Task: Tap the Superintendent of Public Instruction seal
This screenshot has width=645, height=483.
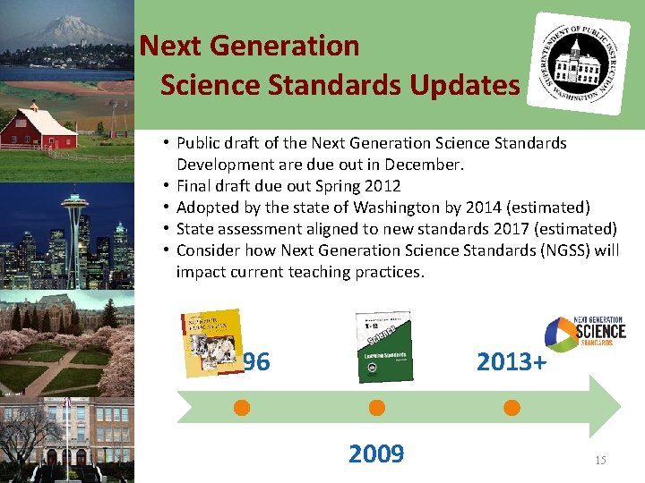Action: [579, 63]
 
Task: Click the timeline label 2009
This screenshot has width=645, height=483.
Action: [376, 454]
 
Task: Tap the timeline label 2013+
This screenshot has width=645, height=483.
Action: [512, 361]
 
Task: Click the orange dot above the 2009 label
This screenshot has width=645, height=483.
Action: [376, 408]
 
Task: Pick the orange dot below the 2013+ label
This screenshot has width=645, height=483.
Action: [512, 408]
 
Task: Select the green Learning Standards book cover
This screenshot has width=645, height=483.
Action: [383, 346]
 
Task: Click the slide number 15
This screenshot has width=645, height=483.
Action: [600, 460]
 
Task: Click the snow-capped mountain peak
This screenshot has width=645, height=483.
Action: [67, 27]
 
